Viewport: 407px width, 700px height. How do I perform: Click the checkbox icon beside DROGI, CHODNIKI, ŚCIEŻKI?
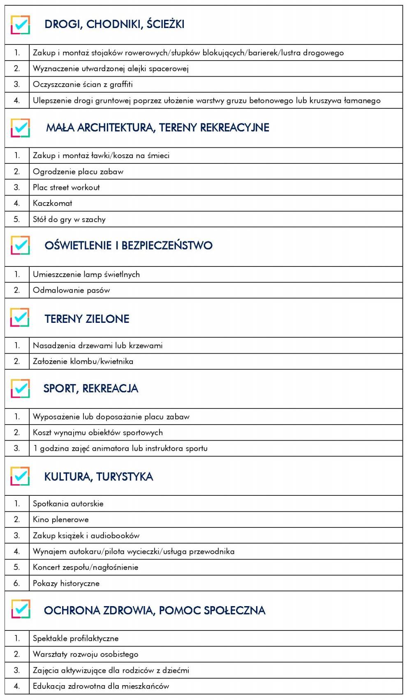click(20, 25)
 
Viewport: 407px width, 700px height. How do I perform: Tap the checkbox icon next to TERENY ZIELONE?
click(20, 318)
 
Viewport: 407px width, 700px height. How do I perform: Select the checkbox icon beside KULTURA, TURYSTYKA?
click(20, 476)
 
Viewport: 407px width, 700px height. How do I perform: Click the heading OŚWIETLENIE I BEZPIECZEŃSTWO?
click(128, 245)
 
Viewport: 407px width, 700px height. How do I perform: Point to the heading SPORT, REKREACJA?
click(91, 388)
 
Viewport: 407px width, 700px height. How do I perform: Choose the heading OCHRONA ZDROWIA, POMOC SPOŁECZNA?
click(155, 610)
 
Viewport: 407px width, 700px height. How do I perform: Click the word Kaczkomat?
click(53, 203)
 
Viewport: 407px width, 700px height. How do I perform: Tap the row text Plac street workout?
click(66, 187)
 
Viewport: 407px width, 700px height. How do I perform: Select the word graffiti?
click(121, 84)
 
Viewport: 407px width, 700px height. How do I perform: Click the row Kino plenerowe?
click(61, 519)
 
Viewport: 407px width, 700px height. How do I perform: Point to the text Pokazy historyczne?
click(66, 583)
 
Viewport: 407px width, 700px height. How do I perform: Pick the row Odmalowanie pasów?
click(72, 290)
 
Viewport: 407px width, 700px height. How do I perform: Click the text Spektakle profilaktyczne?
click(76, 638)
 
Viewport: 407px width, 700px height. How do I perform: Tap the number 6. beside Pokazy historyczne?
click(17, 583)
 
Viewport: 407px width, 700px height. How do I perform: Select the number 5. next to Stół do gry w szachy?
click(17, 219)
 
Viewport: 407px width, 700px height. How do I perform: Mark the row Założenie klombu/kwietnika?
click(83, 361)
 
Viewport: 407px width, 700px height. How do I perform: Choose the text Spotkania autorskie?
click(68, 504)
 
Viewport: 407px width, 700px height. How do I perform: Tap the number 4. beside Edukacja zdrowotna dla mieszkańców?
click(17, 686)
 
